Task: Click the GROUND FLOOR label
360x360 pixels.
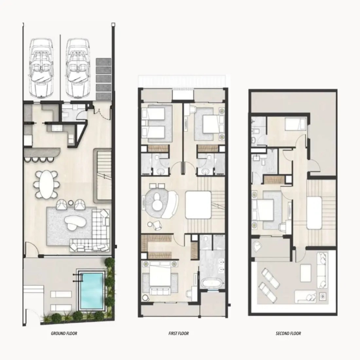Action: point(64,333)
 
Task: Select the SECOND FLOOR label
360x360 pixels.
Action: point(288,333)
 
